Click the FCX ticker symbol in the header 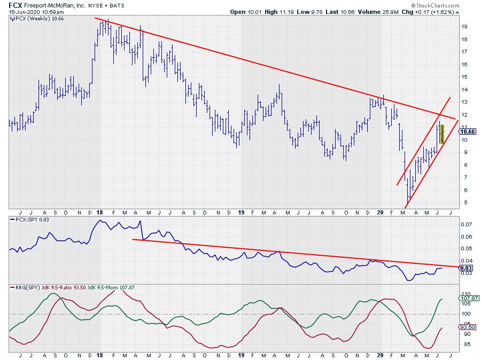15,4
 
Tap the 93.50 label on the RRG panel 467,328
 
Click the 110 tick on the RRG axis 465,294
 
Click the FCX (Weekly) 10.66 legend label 33,18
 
